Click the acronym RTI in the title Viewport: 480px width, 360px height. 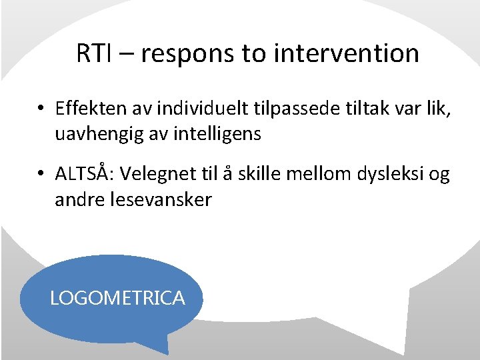[95, 53]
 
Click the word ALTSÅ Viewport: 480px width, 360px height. [83, 174]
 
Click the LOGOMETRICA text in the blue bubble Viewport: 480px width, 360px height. [117, 298]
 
